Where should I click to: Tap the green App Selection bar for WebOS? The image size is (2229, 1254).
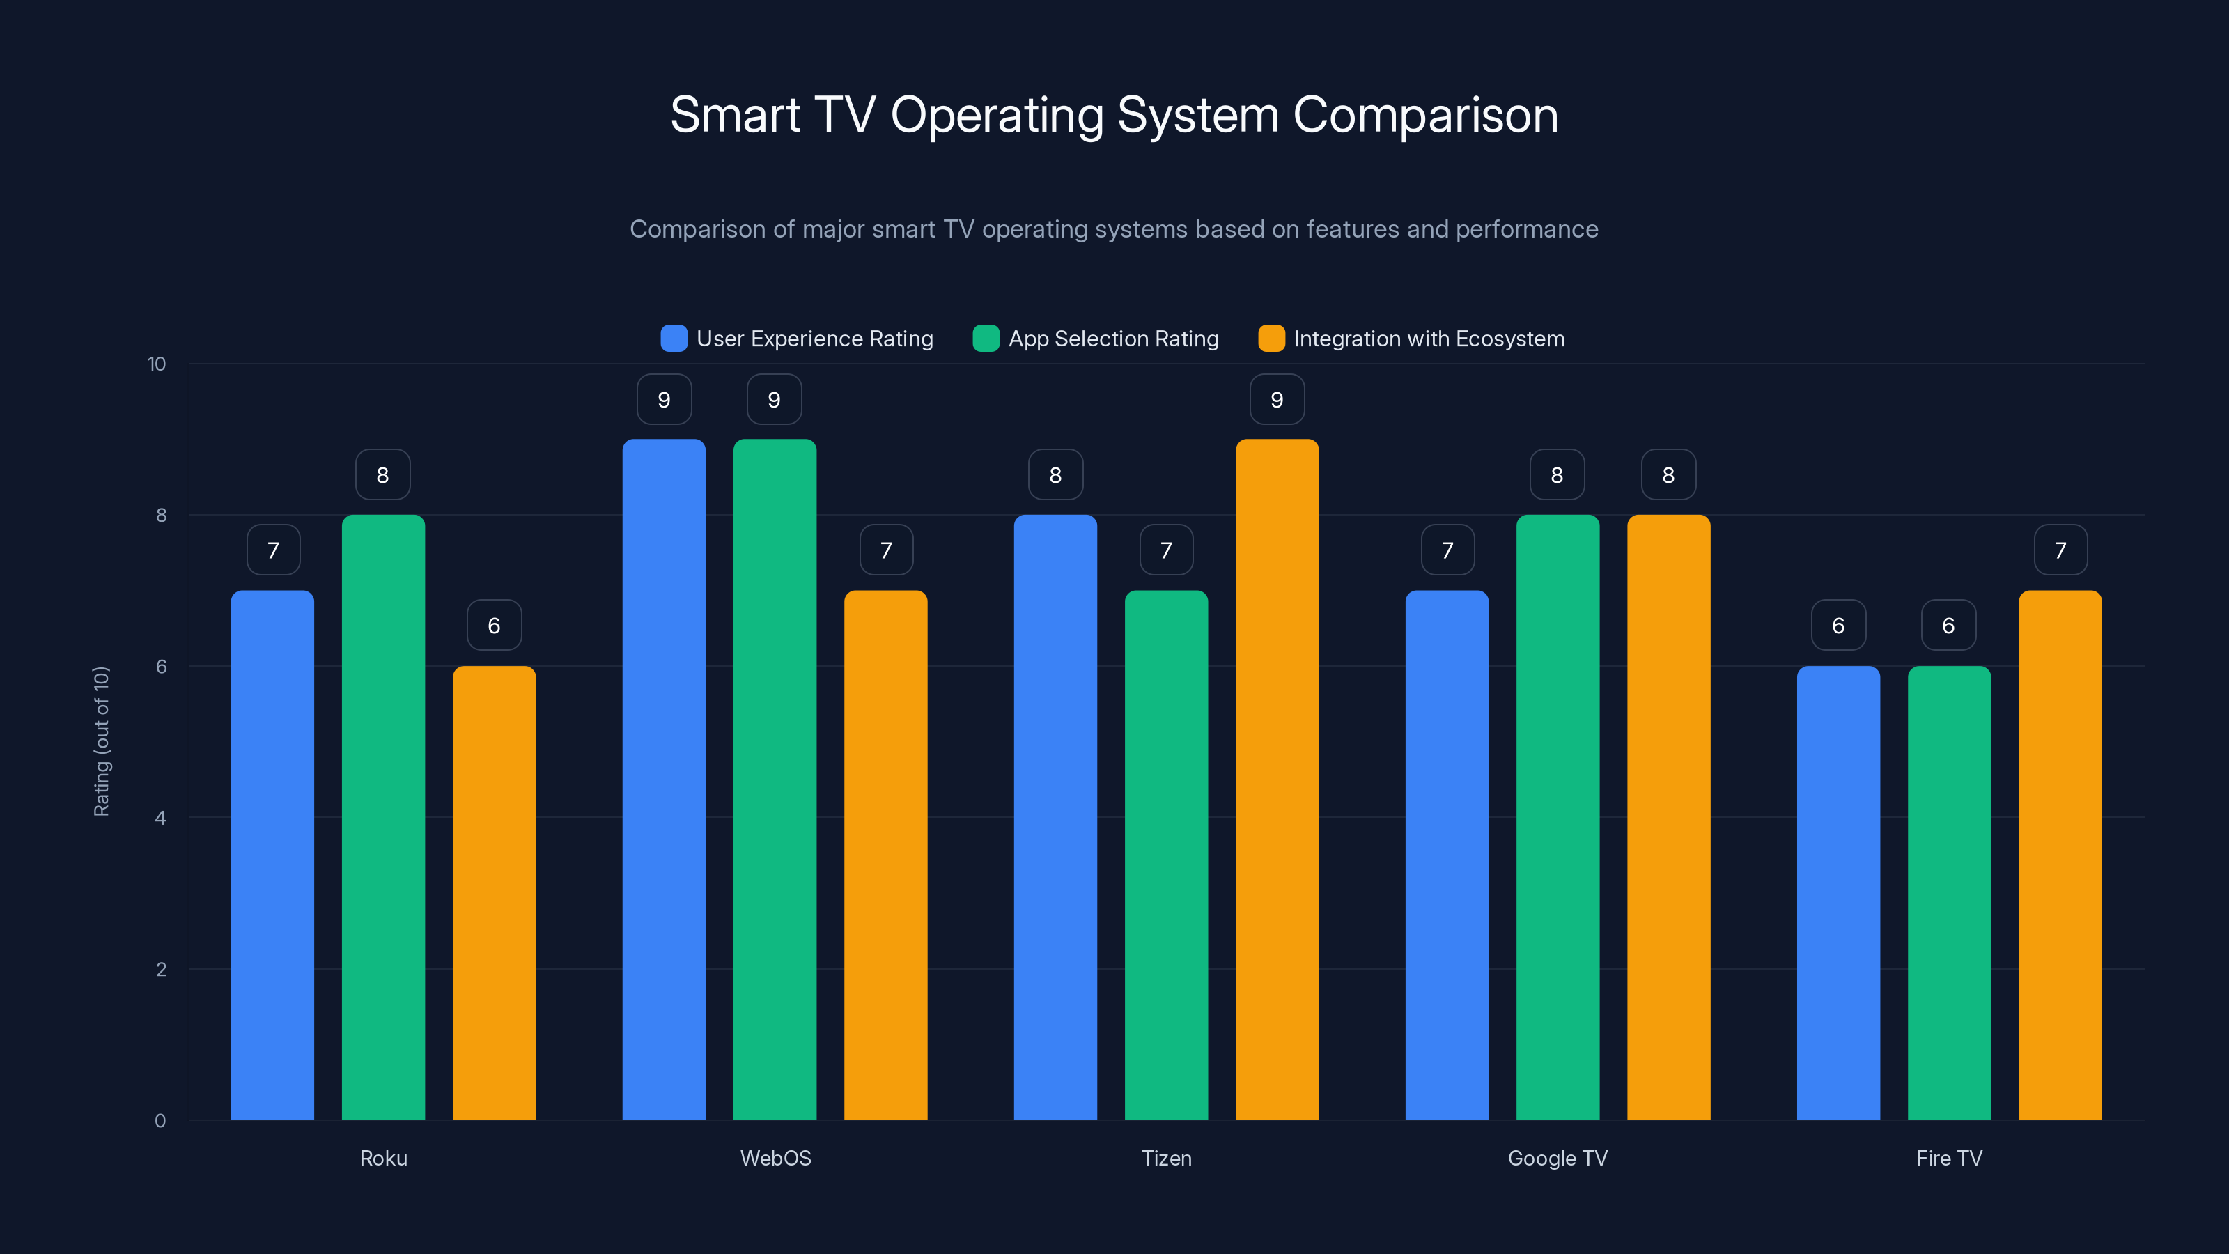tap(775, 779)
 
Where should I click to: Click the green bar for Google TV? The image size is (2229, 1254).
tap(1558, 817)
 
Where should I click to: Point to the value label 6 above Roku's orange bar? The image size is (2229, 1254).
tap(494, 625)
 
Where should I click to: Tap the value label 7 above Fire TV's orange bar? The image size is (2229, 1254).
tap(2060, 550)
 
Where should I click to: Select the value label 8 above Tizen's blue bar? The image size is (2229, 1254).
tap(1055, 474)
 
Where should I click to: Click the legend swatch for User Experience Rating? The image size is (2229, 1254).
tap(673, 339)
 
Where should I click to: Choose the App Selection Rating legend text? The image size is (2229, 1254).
tap(1113, 339)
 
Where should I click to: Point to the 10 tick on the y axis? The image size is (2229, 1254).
tap(157, 364)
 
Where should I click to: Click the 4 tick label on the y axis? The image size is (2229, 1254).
tap(160, 818)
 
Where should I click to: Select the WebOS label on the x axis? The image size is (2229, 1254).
tap(775, 1158)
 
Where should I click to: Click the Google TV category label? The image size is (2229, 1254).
tap(1558, 1158)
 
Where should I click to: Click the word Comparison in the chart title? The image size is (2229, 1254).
tap(1425, 115)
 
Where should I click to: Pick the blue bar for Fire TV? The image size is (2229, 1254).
tap(1838, 892)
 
